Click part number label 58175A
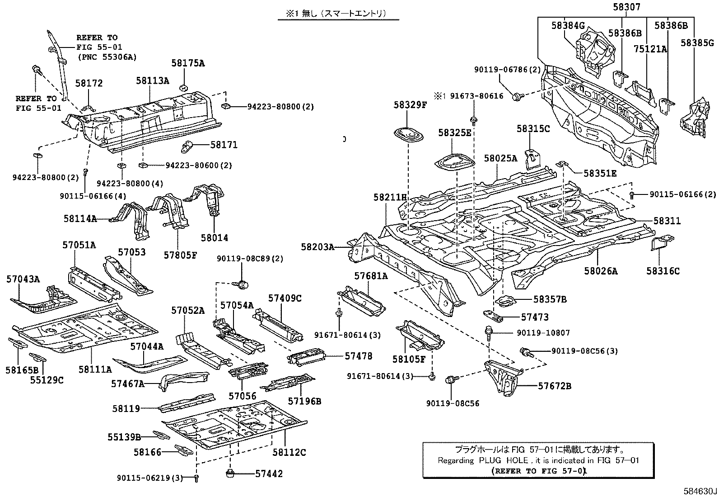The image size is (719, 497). tap(187, 63)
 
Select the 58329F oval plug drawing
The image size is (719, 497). tap(409, 134)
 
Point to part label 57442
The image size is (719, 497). tap(269, 473)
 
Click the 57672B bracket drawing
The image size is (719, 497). tap(502, 378)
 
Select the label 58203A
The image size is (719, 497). tap(317, 247)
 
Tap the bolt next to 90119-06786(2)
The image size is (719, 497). tap(518, 96)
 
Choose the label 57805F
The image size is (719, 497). tap(180, 255)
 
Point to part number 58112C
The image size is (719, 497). tap(289, 452)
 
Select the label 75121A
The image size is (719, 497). tap(650, 49)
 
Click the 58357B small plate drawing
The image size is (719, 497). tap(506, 301)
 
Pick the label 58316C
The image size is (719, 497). tap(663, 271)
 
